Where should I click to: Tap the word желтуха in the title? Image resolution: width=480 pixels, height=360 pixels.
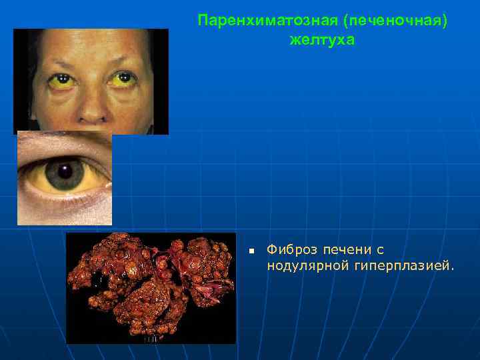(323, 40)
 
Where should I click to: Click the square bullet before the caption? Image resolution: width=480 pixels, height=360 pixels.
(251, 251)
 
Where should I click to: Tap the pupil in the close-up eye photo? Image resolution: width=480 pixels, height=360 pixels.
(65, 171)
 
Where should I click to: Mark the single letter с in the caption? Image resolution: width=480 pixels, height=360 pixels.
(379, 250)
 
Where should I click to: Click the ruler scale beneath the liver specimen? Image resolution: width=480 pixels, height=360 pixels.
(153, 338)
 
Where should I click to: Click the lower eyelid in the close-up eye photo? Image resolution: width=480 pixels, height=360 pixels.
(67, 200)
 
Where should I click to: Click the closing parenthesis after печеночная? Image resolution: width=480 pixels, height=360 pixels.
(444, 21)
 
